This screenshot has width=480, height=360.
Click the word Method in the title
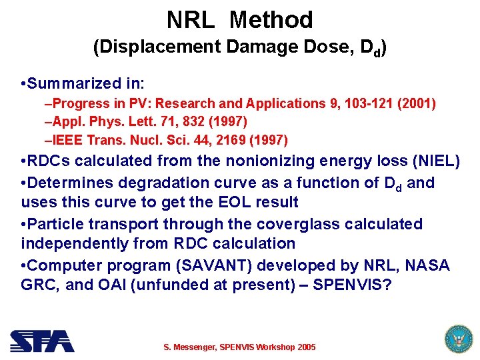271,20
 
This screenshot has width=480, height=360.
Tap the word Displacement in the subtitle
158,47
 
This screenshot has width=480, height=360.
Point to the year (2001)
417,103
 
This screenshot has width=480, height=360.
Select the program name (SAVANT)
200,265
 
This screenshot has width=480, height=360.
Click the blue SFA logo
42,341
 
